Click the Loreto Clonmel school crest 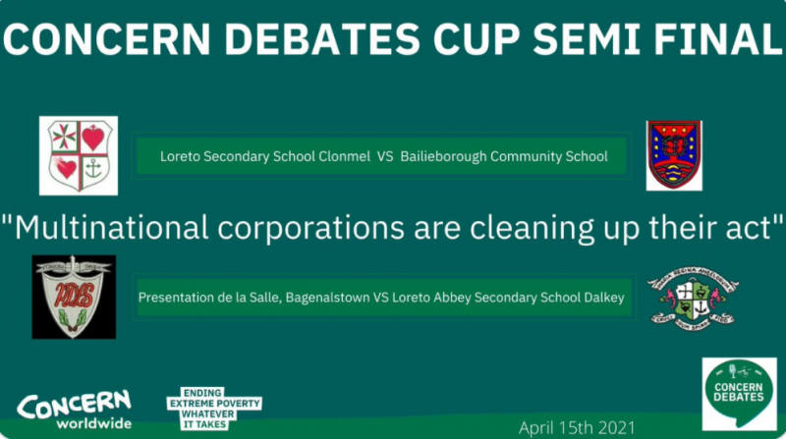tap(78, 155)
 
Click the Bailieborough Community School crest tap(673, 155)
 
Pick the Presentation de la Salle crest tap(74, 297)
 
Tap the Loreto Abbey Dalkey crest tap(693, 297)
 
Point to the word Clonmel tap(341, 155)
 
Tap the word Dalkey tap(602, 298)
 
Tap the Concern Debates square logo tap(739, 394)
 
